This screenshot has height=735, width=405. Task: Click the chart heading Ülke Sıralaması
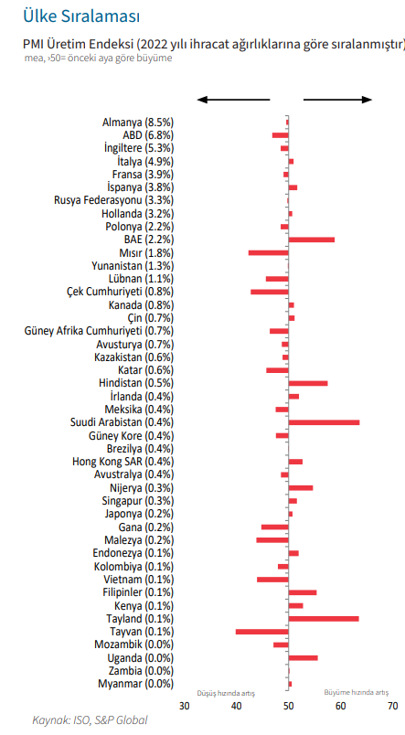(x=81, y=16)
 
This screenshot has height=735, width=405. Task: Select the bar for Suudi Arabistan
(x=324, y=422)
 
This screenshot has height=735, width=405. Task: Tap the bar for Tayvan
(x=262, y=632)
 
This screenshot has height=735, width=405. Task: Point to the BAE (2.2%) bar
(x=311, y=240)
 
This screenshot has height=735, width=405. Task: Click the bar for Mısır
(x=268, y=252)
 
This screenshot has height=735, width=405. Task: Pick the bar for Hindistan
(x=308, y=383)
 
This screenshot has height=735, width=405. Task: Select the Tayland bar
(x=324, y=619)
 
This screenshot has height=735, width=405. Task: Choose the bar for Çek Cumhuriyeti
(x=270, y=292)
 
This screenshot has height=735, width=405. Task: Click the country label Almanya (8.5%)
(x=138, y=122)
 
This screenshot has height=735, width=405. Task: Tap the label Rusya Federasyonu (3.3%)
(x=114, y=200)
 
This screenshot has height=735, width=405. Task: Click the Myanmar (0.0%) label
(x=136, y=684)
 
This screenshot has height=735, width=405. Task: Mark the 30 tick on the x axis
(x=185, y=706)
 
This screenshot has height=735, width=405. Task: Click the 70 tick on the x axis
(x=393, y=706)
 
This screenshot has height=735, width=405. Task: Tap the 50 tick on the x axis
(x=288, y=706)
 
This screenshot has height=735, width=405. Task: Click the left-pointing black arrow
(x=233, y=100)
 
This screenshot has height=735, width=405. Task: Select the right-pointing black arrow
(x=338, y=100)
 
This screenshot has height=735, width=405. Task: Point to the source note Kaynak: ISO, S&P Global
(x=90, y=720)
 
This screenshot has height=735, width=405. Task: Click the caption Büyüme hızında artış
(x=357, y=692)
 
